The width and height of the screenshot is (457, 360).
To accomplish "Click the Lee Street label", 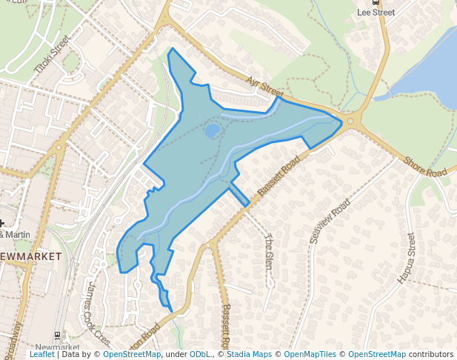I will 376,13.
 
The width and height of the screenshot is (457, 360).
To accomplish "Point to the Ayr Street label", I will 265,87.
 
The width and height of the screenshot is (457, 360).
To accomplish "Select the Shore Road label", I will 424,167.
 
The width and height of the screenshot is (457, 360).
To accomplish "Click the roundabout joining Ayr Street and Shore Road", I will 350,122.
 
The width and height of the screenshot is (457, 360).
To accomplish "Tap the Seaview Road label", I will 330,221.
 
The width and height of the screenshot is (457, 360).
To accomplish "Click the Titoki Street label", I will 52,55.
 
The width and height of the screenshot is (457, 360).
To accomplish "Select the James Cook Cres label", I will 98,313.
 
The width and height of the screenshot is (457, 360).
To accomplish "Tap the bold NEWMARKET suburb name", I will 30,256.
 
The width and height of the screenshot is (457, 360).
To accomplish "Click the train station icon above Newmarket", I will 59,336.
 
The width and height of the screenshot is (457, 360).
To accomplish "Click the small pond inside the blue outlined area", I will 212,131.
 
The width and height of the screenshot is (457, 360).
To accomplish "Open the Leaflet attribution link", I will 41,355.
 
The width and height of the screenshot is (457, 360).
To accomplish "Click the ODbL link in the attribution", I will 201,355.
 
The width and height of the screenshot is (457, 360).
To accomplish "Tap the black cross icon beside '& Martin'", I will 2,222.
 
